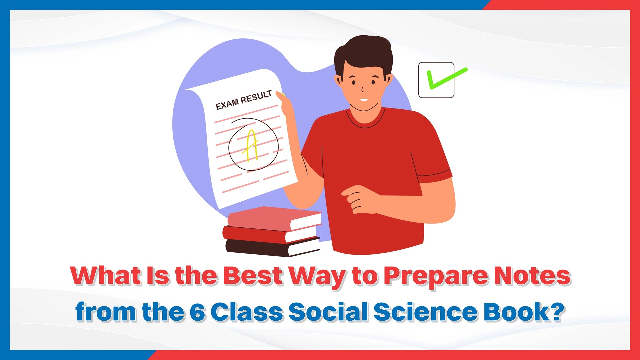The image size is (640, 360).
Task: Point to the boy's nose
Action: tap(363, 89)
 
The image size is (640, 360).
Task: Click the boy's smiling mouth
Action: tap(364, 100)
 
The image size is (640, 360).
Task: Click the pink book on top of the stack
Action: tap(274, 218)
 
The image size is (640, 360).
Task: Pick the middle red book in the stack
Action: tap(270, 234)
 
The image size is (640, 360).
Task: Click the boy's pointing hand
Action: tap(358, 199)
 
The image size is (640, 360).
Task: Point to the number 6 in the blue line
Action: tap(197, 312)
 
